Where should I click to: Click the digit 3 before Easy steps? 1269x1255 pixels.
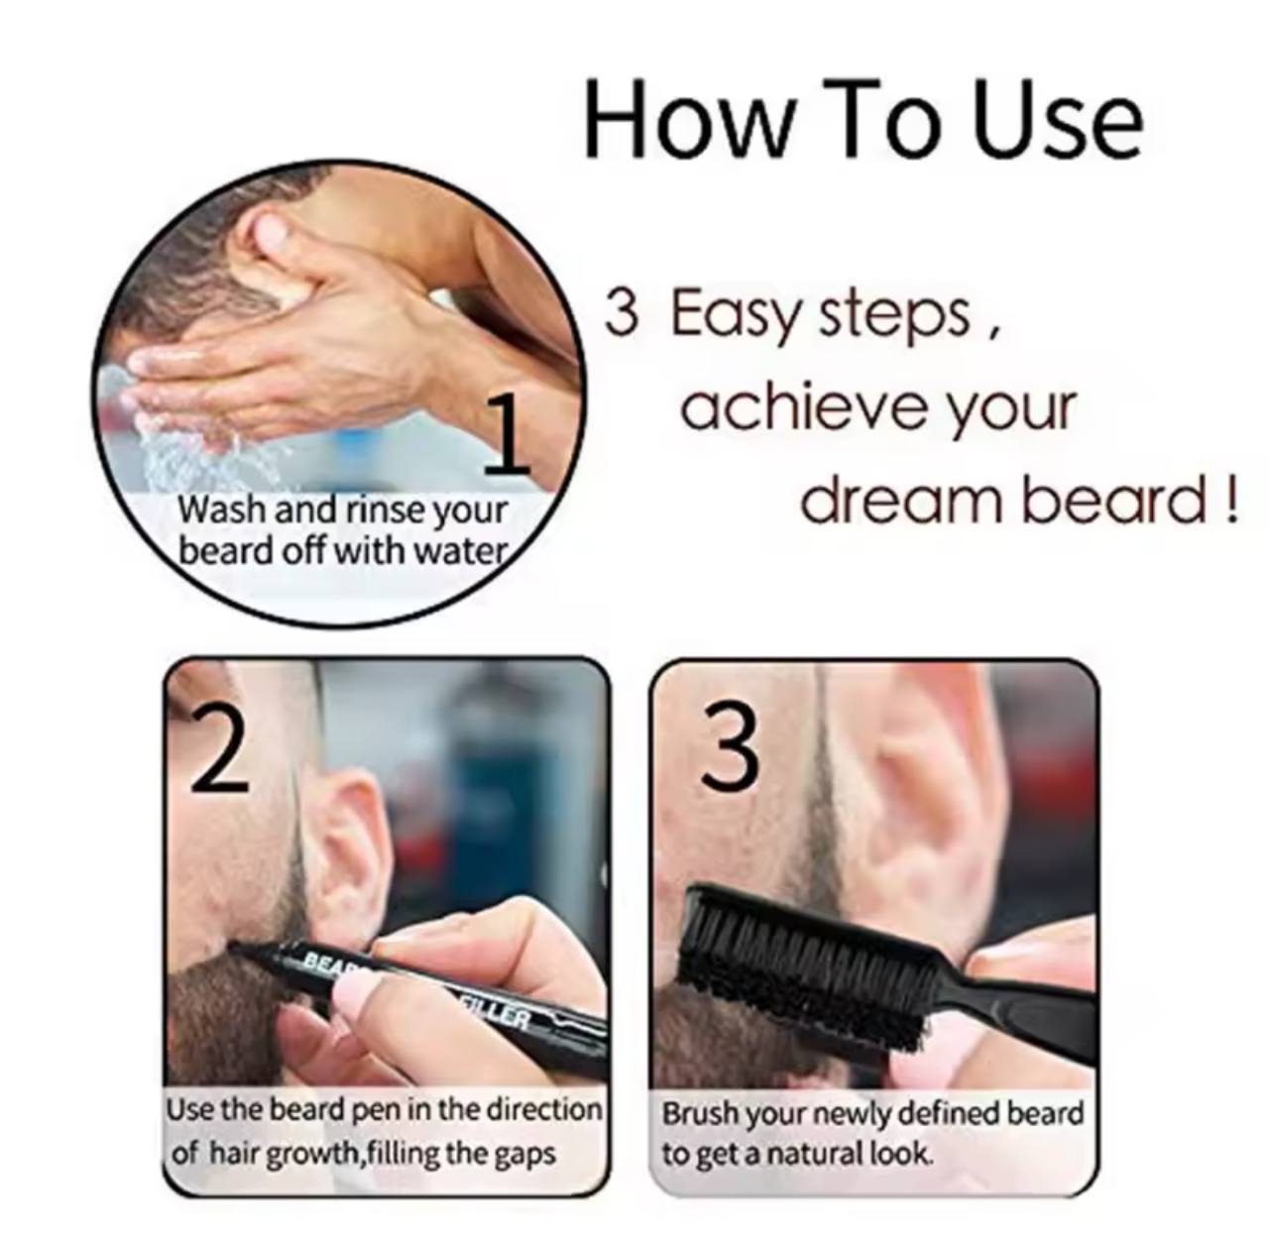[x=622, y=313]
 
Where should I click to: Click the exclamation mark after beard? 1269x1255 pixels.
[x=1230, y=499]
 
